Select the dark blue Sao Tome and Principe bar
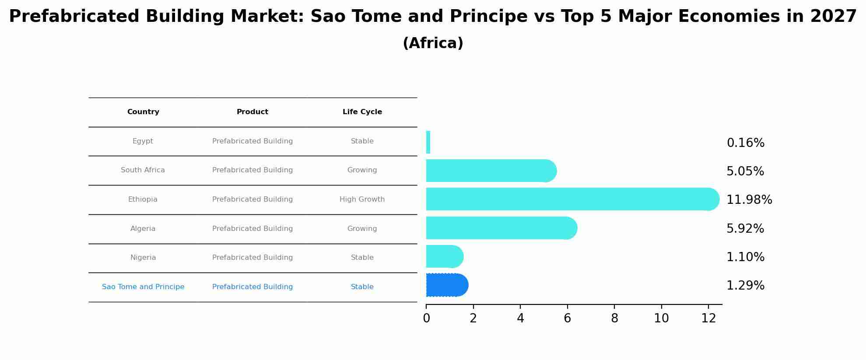[446, 285]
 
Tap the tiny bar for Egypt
[428, 142]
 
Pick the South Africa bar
[490, 171]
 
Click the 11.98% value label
[749, 200]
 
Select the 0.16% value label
[745, 143]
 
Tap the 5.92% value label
[745, 229]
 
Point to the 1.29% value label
[745, 286]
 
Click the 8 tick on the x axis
[614, 318]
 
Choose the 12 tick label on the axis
[708, 318]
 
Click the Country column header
[143, 112]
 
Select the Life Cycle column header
[362, 112]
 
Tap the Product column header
[252, 112]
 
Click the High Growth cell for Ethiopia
[362, 199]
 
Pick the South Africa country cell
[143, 170]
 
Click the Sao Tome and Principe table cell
[143, 287]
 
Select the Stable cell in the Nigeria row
[362, 258]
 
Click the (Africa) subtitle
[433, 43]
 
